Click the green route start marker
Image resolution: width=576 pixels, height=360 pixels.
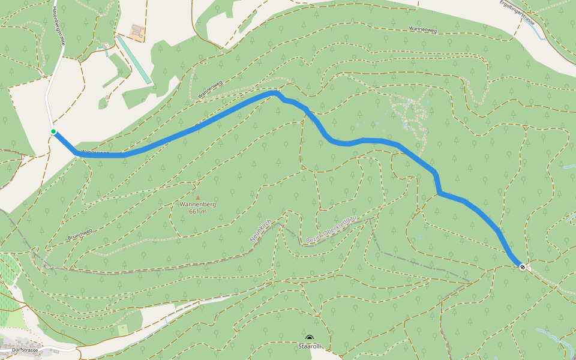click(x=53, y=132)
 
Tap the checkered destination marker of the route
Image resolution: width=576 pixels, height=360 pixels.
click(x=523, y=267)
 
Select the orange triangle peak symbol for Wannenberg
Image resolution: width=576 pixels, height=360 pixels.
click(x=197, y=197)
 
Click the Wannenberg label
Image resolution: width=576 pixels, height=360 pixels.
click(x=197, y=205)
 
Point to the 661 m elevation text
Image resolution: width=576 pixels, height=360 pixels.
click(x=197, y=212)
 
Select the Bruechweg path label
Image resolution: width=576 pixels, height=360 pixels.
click(x=79, y=233)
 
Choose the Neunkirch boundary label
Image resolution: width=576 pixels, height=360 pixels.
click(x=261, y=231)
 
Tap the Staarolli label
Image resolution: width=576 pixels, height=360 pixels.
click(x=310, y=346)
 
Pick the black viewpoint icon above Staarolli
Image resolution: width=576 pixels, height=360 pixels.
click(x=310, y=338)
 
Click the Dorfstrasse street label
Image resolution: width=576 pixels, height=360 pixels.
click(x=19, y=350)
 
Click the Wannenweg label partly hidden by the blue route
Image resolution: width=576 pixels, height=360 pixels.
click(x=94, y=152)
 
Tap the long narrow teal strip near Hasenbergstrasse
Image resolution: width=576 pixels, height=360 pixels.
click(x=133, y=59)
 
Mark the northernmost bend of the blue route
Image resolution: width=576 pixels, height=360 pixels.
click(x=275, y=92)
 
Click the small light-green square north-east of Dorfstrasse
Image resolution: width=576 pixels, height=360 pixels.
click(x=123, y=329)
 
